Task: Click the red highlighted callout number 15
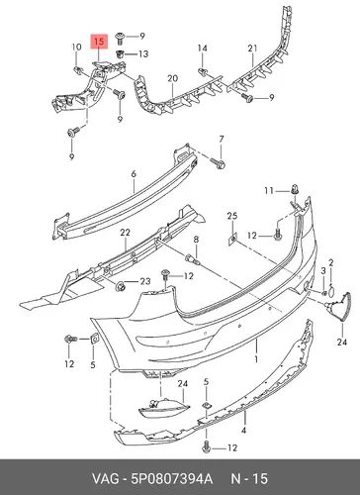pos(99,42)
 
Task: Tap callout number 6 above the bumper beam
pos(134,174)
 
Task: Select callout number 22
pos(125,233)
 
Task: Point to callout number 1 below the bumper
pos(256,359)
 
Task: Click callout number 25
pos(232,216)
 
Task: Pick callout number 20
pos(172,78)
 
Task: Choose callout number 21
pos(252,49)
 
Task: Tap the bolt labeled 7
pos(218,162)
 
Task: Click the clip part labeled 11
pos(295,190)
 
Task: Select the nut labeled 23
pos(121,286)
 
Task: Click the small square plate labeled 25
pos(232,239)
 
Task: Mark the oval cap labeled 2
pos(331,289)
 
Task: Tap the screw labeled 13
pos(121,53)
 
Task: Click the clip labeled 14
pos(203,71)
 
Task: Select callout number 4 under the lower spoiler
pos(243,431)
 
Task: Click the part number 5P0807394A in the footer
pos(172,479)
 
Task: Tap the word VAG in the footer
pos(105,479)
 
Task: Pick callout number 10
pos(76,47)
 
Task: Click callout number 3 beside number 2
pos(323,271)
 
